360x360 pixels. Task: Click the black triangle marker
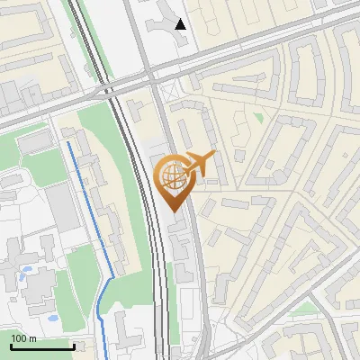pyautogui.click(x=181, y=24)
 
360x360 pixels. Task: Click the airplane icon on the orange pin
pyautogui.click(x=200, y=164)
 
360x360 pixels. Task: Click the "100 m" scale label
pyautogui.click(x=23, y=337)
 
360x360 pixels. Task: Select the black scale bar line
pyautogui.click(x=42, y=346)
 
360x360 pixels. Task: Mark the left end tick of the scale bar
pyautogui.click(x=11, y=345)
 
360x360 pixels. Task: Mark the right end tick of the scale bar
pyautogui.click(x=74, y=345)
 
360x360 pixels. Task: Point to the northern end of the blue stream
pyautogui.click(x=67, y=142)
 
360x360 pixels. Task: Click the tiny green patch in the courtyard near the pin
pyautogui.click(x=258, y=117)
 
